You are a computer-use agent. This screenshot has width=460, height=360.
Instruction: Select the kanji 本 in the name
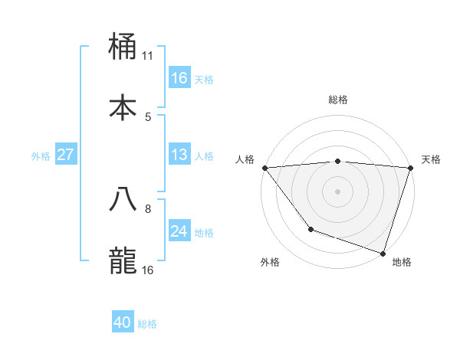(123, 107)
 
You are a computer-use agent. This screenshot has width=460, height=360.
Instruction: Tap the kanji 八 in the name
(123, 198)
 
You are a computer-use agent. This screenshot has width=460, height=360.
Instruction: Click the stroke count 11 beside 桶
(148, 55)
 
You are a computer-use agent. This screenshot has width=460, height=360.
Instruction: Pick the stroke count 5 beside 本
(148, 116)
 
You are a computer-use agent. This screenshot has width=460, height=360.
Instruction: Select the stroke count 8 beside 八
(148, 208)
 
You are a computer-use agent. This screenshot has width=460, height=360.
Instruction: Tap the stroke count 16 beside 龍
(148, 270)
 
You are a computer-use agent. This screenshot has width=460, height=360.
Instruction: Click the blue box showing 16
(179, 78)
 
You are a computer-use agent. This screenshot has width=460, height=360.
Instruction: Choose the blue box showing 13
(179, 155)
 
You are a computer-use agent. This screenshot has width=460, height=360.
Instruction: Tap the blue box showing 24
(179, 231)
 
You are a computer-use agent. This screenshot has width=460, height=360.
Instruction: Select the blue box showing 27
(65, 155)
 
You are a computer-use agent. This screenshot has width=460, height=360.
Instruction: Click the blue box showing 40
(123, 323)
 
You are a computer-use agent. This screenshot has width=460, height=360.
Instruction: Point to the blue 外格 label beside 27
(41, 155)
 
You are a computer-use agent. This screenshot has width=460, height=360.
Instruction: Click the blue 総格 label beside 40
(147, 324)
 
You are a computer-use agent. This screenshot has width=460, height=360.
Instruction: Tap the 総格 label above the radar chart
(338, 100)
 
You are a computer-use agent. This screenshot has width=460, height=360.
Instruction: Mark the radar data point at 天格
(410, 168)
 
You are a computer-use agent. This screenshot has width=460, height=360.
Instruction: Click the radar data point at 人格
(264, 168)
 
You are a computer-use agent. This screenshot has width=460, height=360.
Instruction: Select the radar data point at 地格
(383, 253)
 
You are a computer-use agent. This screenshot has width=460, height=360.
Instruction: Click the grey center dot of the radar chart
(337, 191)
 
